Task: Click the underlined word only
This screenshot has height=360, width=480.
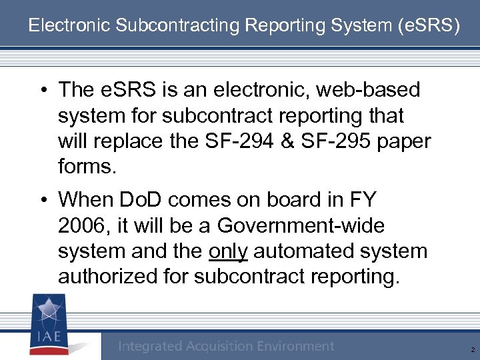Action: point(228,251)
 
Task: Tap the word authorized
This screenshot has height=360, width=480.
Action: point(109,277)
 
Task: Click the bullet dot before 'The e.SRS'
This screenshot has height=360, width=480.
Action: point(43,90)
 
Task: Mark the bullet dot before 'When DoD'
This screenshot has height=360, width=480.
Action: point(43,200)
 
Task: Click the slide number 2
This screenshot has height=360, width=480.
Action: point(471,349)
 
